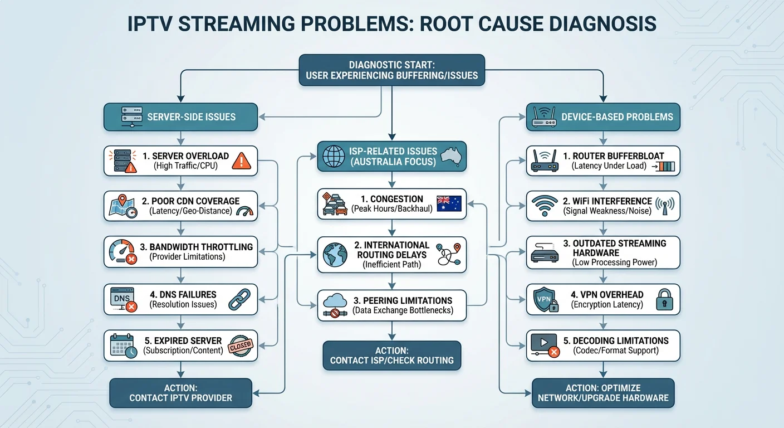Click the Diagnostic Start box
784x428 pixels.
click(391, 70)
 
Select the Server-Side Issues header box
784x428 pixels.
click(180, 117)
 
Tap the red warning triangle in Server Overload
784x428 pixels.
click(241, 161)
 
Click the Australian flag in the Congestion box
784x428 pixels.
click(449, 203)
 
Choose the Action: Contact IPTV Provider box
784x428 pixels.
click(180, 393)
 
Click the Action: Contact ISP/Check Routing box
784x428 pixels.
click(391, 355)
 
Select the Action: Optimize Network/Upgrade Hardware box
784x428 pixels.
click(603, 393)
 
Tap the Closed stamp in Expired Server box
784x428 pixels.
click(241, 345)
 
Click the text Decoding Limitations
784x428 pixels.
click(620, 341)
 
